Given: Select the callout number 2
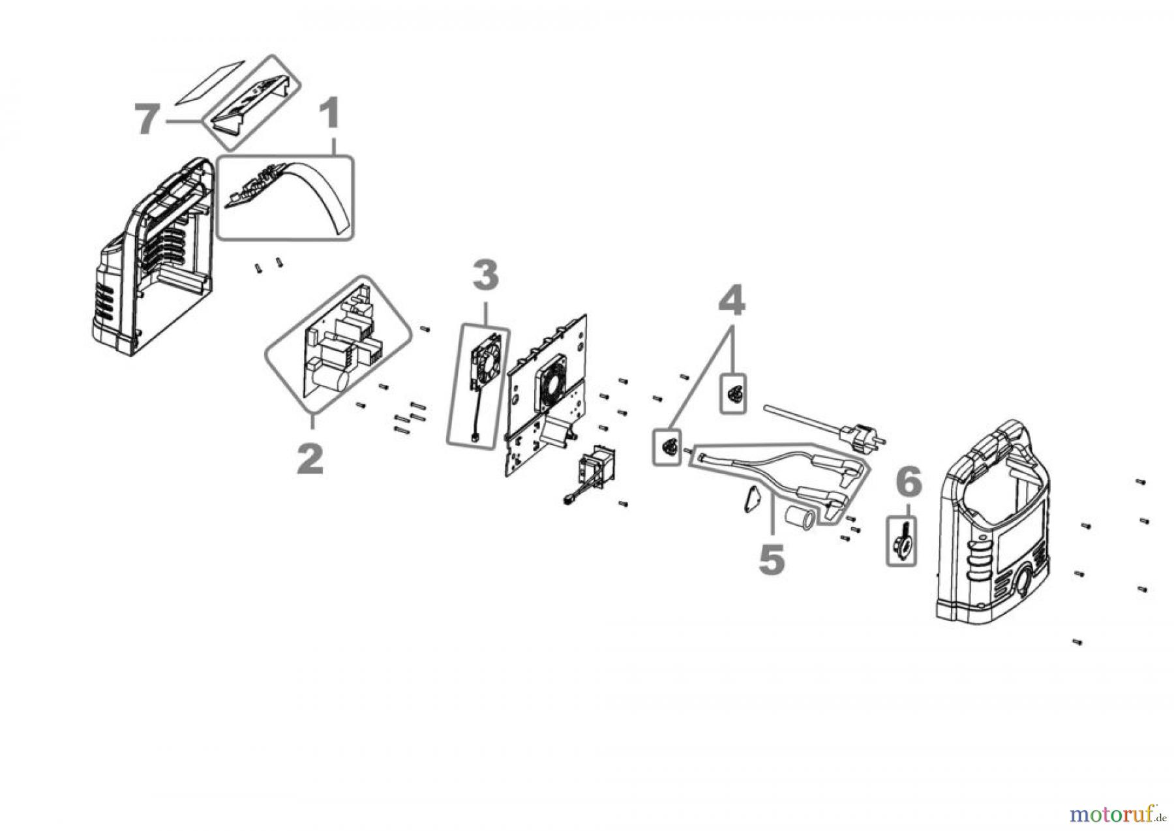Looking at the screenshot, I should pos(310,459).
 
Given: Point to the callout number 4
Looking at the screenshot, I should pos(731,301).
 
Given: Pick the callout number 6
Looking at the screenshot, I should pos(909,483).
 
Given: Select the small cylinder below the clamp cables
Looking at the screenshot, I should pos(799,519).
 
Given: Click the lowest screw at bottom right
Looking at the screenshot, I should pos(1077,642).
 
